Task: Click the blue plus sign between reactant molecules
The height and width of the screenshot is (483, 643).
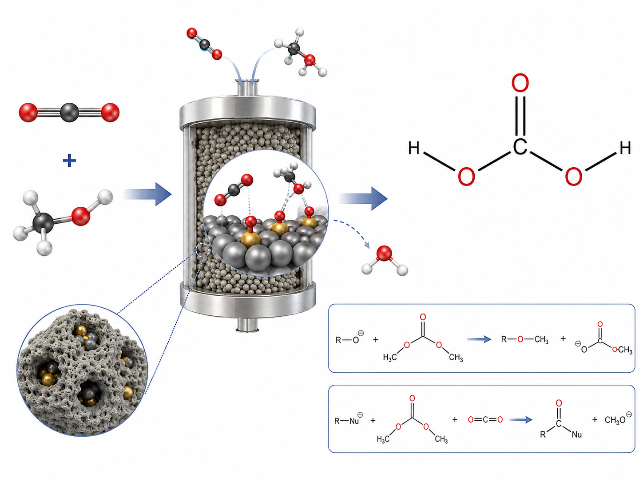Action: click(69, 161)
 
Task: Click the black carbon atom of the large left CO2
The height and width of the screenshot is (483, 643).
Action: click(69, 113)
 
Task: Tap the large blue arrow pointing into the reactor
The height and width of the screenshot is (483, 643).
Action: click(147, 194)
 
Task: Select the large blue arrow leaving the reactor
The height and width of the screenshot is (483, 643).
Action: click(363, 198)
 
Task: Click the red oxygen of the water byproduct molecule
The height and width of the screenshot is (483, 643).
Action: click(384, 254)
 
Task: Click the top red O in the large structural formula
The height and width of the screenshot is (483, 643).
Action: click(520, 83)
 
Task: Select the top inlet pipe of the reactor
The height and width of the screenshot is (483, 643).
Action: click(248, 87)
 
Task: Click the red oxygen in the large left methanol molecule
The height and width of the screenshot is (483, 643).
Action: click(80, 216)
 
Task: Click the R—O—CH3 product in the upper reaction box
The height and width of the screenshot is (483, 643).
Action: click(524, 339)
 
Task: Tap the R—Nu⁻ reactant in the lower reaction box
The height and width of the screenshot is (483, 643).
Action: click(349, 420)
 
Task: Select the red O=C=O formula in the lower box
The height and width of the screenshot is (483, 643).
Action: click(485, 419)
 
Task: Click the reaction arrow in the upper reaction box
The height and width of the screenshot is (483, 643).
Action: click(479, 339)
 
